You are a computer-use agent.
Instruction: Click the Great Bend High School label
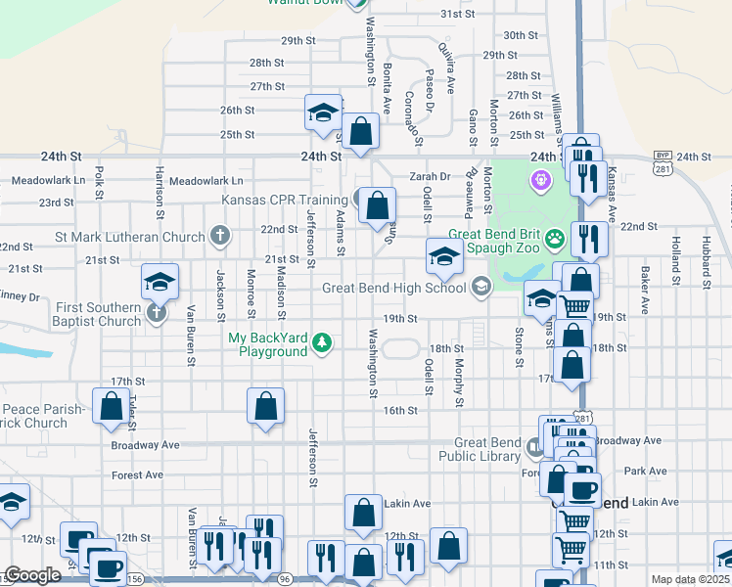pyautogui.click(x=394, y=288)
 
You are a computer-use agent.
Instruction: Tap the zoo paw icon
pyautogui.click(x=555, y=237)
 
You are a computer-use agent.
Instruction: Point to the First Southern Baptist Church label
pyautogui.click(x=71, y=313)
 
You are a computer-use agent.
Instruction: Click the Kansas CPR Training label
pyautogui.click(x=287, y=201)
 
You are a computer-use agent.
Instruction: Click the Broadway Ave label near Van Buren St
pyautogui.click(x=146, y=445)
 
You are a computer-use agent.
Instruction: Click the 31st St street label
pyautogui.click(x=457, y=15)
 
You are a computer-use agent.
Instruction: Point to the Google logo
pyautogui.click(x=32, y=575)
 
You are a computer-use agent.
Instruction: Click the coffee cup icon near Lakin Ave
pyautogui.click(x=582, y=489)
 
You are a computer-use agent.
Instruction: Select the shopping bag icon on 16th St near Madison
pyautogui.click(x=265, y=406)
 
